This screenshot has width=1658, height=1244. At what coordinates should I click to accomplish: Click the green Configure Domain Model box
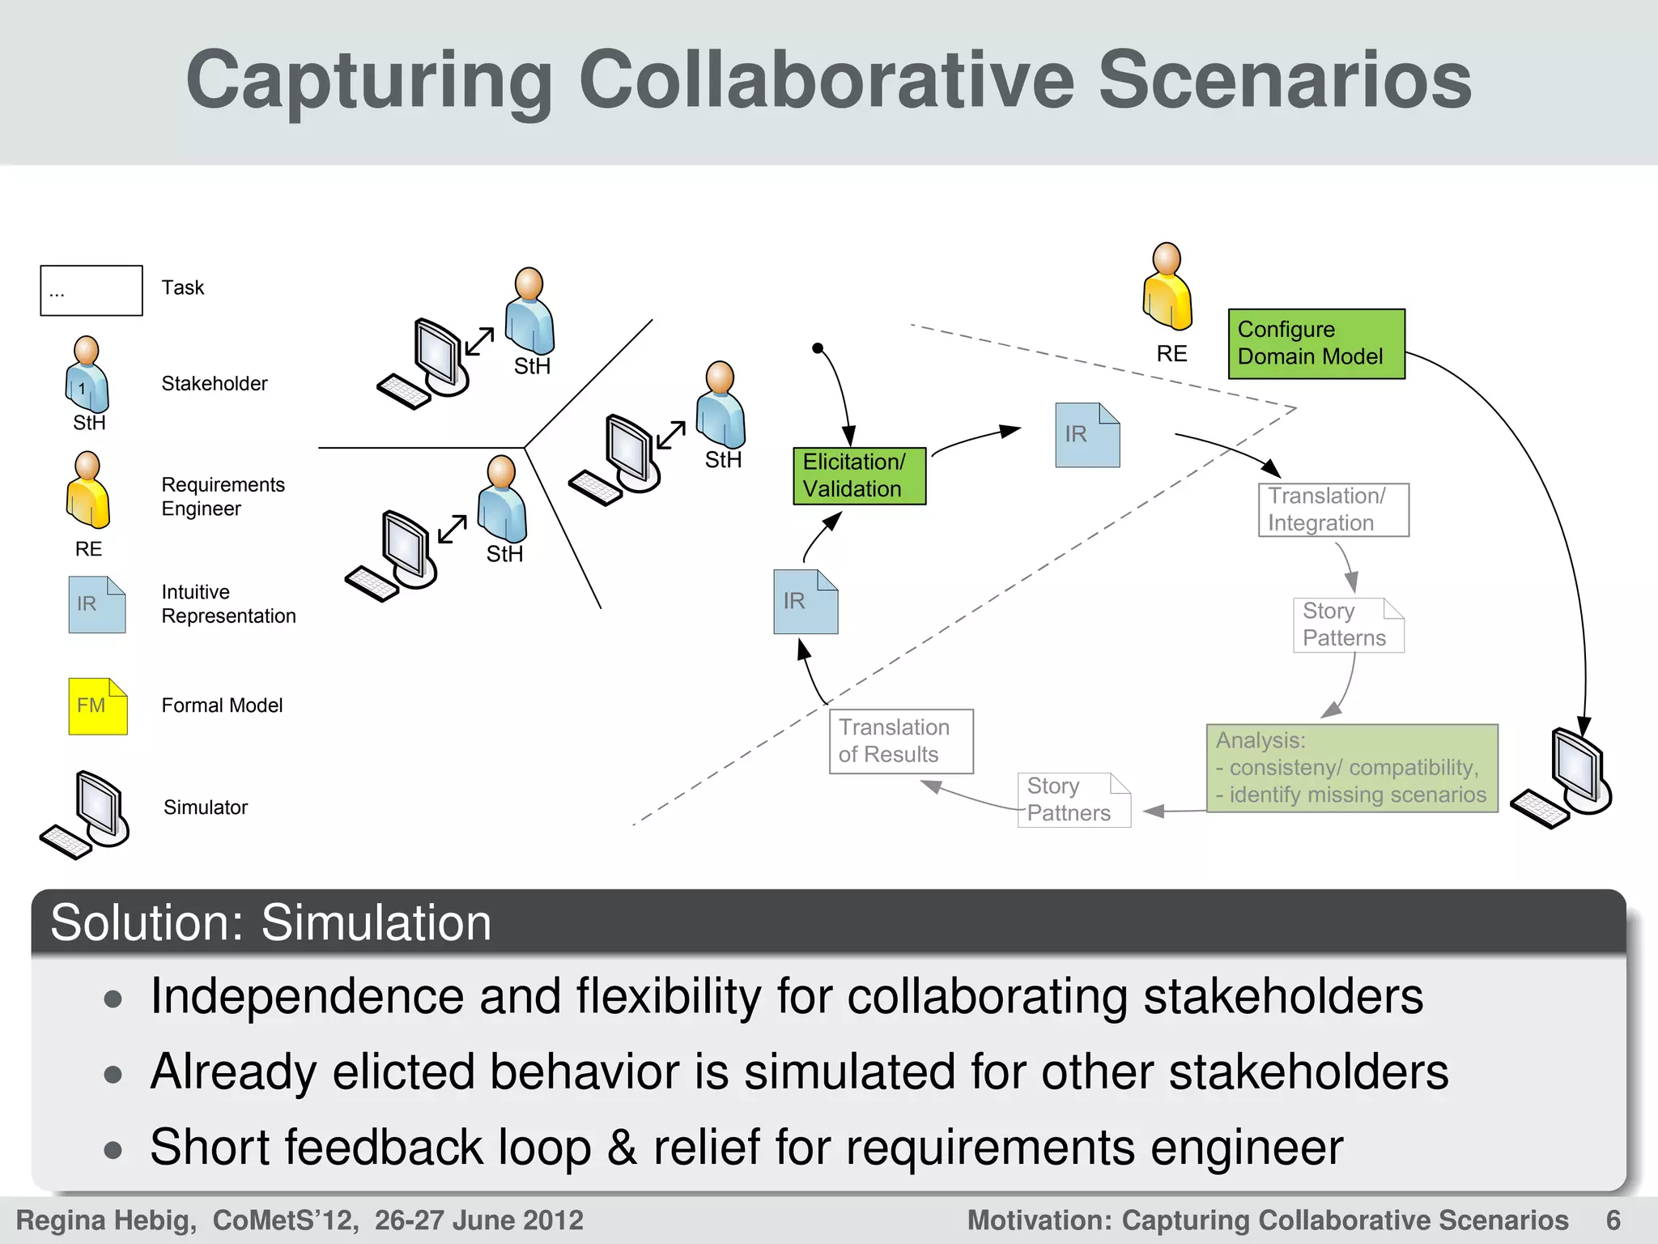pos(1316,343)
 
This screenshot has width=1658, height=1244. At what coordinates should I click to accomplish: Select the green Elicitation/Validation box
pos(859,476)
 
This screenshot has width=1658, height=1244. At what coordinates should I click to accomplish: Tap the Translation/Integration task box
pos(1333,509)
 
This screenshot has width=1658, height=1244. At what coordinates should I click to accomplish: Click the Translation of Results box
pos(900,741)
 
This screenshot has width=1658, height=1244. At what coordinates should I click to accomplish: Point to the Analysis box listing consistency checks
pos(1351,768)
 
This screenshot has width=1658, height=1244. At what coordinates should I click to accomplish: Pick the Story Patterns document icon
pos(1348,624)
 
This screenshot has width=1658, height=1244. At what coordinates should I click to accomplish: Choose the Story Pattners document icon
pos(1073,799)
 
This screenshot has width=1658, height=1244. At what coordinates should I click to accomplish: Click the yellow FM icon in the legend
pos(97,706)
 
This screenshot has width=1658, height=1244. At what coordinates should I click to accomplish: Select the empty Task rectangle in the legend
pos(91,290)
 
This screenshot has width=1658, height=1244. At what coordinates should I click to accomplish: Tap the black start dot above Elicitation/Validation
pos(818,348)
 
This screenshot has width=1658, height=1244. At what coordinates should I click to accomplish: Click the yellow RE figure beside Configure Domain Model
pos(1167,288)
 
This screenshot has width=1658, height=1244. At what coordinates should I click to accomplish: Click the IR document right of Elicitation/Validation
pos(1087,435)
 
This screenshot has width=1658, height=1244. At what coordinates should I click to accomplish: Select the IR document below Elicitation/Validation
pos(806,602)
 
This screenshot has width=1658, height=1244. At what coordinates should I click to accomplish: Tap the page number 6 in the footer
pos(1613,1220)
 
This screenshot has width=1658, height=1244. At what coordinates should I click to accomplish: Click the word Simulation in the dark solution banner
pos(376,922)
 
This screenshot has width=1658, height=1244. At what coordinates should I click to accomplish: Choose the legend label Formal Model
pos(222,705)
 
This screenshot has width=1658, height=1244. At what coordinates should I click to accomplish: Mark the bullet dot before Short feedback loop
pos(113,1149)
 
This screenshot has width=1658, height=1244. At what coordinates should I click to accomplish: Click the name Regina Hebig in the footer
pos(106,1220)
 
